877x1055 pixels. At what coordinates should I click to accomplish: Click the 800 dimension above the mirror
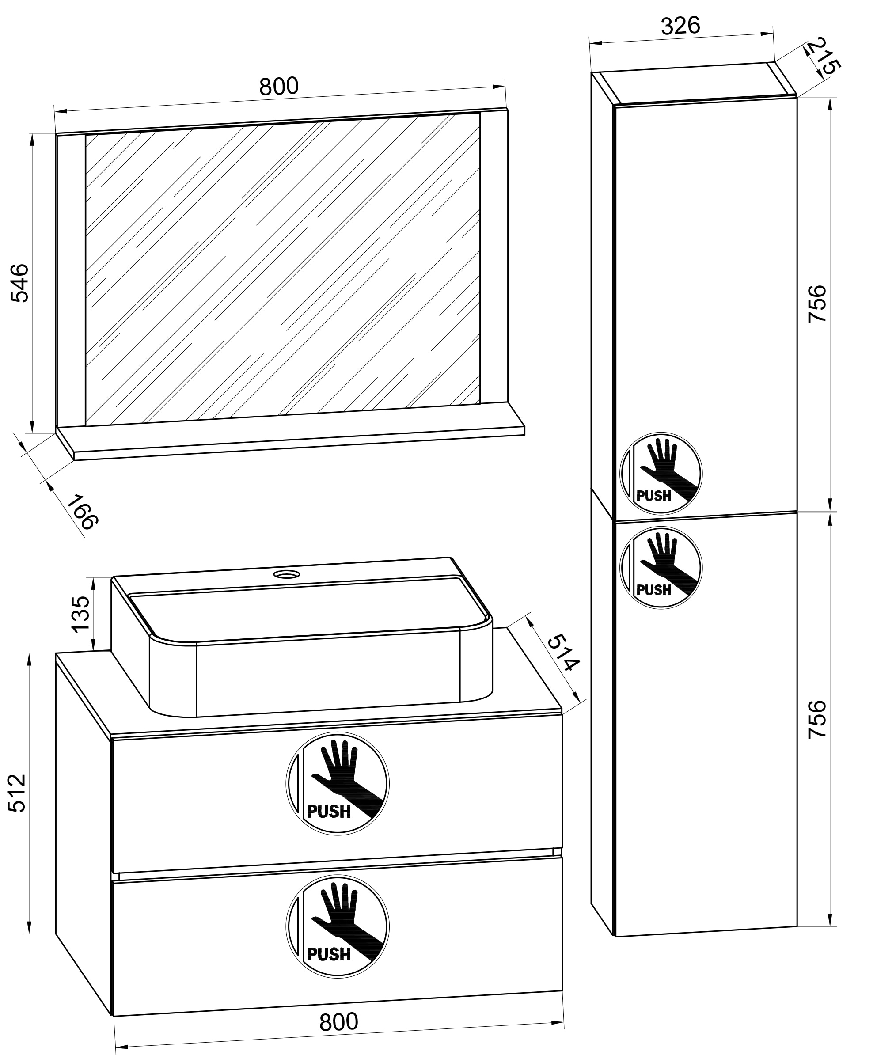tap(279, 87)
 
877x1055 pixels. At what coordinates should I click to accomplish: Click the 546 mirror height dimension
tap(20, 282)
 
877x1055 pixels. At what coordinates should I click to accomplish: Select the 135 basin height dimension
tap(80, 614)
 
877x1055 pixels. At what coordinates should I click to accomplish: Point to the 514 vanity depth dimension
tap(562, 653)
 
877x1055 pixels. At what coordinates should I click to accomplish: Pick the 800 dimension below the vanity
tap(338, 1022)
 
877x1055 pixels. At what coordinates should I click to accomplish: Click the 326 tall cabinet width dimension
tap(680, 25)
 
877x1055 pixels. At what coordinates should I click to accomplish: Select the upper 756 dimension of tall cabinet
tap(817, 304)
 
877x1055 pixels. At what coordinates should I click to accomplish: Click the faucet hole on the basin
tap(287, 574)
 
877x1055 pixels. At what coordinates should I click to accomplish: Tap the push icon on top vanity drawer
tap(338, 784)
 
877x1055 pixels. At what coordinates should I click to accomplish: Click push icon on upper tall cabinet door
tap(661, 474)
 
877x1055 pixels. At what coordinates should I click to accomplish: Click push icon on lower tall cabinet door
tap(661, 568)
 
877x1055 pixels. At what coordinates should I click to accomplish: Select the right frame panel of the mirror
tap(493, 256)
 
